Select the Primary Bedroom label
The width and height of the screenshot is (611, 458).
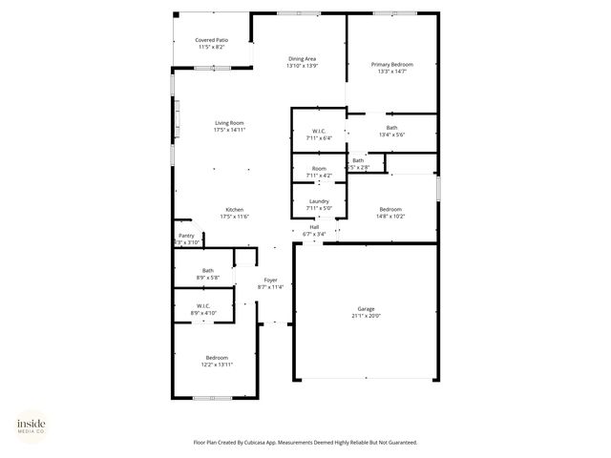pyautogui.click(x=391, y=64)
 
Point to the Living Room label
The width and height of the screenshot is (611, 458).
pyautogui.click(x=229, y=122)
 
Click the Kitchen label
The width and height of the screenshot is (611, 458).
pyautogui.click(x=234, y=209)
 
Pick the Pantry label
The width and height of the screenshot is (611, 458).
pyautogui.click(x=186, y=236)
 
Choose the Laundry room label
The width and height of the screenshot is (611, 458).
pyautogui.click(x=319, y=201)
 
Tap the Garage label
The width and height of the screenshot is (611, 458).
pyautogui.click(x=366, y=308)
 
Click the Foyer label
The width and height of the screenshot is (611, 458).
pyautogui.click(x=271, y=280)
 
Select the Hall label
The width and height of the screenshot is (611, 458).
pyautogui.click(x=314, y=227)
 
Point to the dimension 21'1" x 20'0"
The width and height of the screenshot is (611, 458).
pyautogui.click(x=366, y=315)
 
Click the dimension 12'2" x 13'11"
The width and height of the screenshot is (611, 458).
pyautogui.click(x=217, y=364)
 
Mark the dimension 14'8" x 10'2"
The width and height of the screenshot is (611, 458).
pyautogui.click(x=390, y=216)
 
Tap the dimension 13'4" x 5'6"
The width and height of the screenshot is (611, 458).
pyautogui.click(x=391, y=135)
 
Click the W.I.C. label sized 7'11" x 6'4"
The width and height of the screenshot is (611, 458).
pyautogui.click(x=319, y=131)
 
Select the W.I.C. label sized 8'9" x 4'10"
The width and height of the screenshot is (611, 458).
pyautogui.click(x=204, y=306)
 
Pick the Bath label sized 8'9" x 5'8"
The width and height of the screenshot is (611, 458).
pyautogui.click(x=207, y=270)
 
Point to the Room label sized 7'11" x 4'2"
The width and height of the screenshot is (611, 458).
pyautogui.click(x=319, y=169)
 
